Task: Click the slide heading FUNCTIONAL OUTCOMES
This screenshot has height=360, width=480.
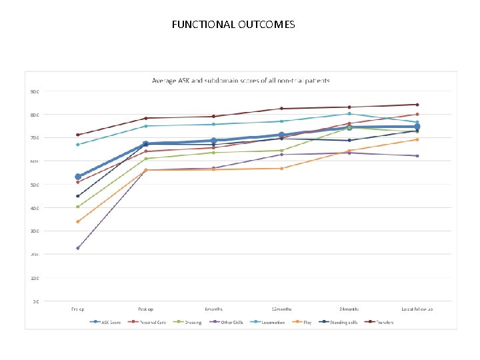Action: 233,25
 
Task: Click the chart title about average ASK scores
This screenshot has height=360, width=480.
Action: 241,81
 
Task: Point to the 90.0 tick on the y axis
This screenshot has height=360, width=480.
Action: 34,91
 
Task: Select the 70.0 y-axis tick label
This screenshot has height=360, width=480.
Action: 34,138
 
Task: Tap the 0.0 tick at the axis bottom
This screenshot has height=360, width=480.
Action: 35,301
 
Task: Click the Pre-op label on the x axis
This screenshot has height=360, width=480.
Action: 78,309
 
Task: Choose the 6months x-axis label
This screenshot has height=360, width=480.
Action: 213,309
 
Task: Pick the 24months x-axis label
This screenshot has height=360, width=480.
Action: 349,309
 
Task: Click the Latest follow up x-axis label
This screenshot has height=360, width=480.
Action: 417,309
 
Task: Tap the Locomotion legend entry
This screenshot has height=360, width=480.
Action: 270,323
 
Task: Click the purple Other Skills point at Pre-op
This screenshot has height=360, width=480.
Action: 78,248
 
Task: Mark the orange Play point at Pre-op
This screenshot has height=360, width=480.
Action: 78,221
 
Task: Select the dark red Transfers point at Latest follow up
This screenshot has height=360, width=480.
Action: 417,105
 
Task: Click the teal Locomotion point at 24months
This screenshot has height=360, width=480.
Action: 349,113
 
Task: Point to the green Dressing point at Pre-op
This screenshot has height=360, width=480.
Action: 78,207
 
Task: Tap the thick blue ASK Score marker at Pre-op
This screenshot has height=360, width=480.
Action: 78,177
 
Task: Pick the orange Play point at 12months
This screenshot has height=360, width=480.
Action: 281,168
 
